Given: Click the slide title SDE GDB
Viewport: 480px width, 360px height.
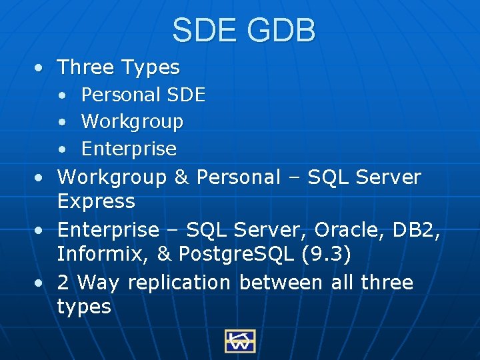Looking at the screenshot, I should tap(243, 31).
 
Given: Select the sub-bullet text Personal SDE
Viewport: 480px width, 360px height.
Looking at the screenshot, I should tap(143, 95).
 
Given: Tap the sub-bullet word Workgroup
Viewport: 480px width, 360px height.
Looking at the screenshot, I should tap(131, 122).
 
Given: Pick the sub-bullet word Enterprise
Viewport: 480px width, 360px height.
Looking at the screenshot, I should tap(128, 148).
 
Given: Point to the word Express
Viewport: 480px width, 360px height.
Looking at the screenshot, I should tap(96, 201).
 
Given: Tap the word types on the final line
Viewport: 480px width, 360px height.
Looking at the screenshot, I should tap(84, 307).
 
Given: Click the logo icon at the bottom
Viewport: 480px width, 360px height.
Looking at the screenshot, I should tap(240, 341).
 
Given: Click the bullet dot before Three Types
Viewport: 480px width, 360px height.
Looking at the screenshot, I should tap(41, 68).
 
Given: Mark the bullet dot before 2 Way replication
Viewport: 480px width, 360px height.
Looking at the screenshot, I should tap(41, 283).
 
